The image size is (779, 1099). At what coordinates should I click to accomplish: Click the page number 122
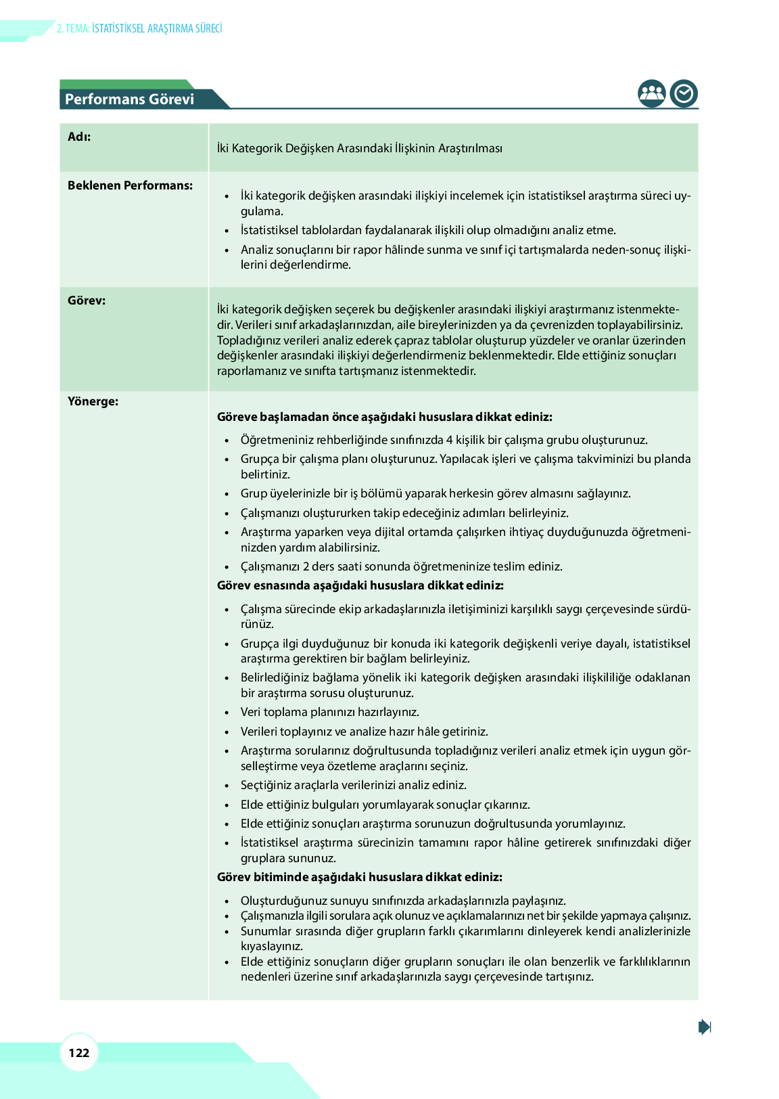(79, 1052)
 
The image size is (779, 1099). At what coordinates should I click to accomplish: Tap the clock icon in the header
(684, 93)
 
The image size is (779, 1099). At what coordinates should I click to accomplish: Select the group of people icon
(652, 93)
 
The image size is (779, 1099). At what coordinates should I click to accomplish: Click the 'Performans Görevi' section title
(129, 99)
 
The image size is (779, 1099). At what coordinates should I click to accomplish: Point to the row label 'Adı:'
(79, 137)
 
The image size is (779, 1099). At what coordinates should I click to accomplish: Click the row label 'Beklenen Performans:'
(130, 185)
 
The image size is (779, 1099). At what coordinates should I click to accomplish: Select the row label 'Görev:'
(87, 300)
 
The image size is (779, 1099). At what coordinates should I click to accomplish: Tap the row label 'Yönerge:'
(93, 401)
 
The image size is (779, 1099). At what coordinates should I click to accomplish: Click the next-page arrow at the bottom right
(705, 1027)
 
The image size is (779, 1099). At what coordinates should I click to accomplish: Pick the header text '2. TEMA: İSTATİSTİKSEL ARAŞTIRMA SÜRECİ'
(139, 28)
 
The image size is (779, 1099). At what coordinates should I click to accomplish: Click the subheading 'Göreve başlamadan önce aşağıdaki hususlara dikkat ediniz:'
(384, 417)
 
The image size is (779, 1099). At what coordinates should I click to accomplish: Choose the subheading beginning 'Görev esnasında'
(360, 585)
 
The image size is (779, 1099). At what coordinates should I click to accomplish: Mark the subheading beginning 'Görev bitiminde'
(359, 877)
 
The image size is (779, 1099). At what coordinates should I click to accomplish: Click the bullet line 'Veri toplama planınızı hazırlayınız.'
(329, 712)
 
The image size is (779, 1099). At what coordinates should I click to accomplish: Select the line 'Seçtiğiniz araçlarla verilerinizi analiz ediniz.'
(353, 785)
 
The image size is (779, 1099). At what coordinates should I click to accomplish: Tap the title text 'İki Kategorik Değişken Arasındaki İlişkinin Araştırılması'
(359, 148)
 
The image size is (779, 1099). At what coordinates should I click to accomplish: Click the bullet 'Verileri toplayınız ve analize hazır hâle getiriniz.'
(364, 732)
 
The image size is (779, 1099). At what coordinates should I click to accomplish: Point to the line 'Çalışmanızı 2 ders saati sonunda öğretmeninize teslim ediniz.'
(401, 566)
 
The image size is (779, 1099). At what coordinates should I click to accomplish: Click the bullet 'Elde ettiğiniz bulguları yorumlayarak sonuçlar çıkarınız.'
(385, 805)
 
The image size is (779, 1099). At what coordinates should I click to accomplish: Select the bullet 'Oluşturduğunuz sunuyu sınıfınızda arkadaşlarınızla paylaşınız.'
(403, 901)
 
